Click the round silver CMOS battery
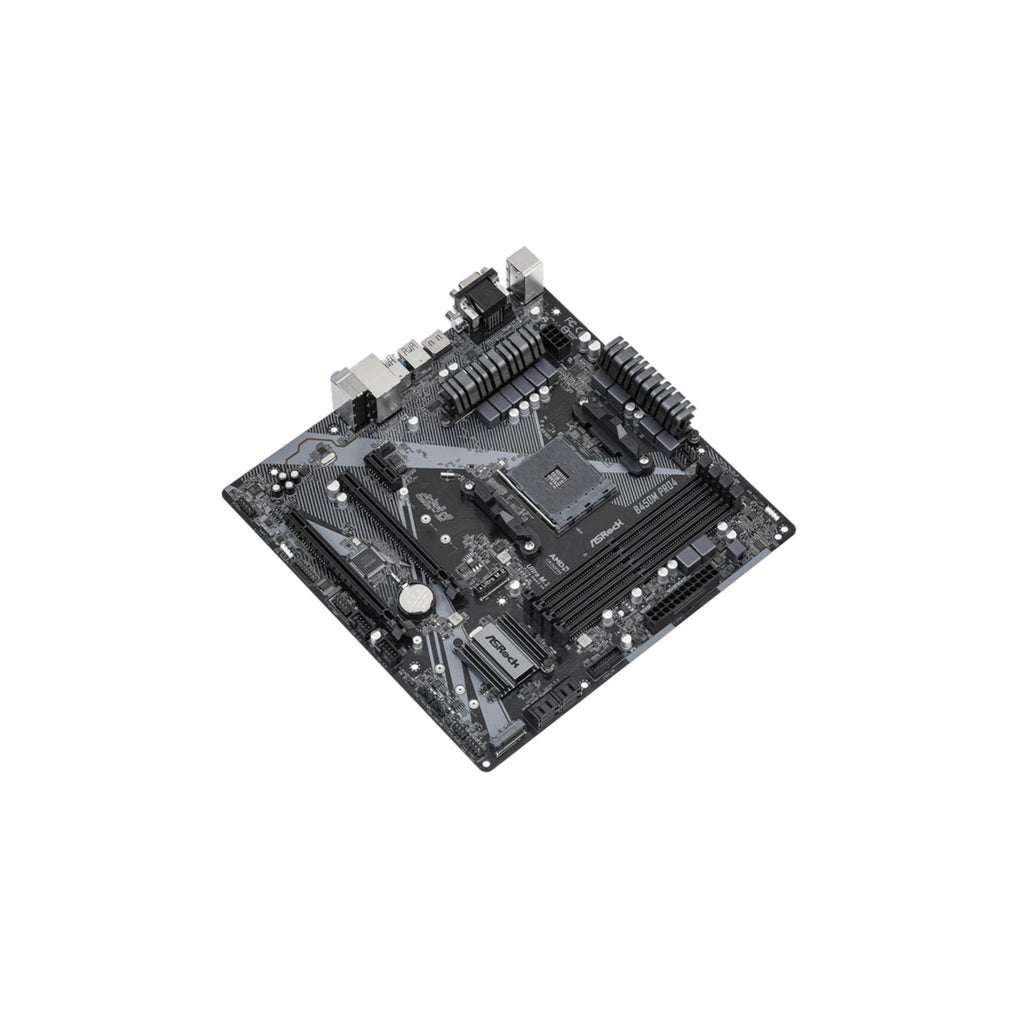(413, 599)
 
